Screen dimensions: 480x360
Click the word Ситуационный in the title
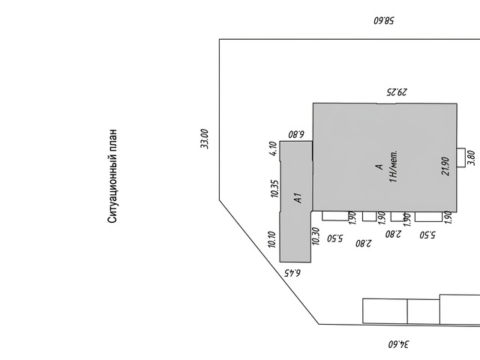(x=112, y=189)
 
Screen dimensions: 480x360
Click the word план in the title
(x=112, y=140)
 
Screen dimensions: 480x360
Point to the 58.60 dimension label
(x=384, y=21)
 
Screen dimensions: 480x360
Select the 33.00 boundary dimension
(x=205, y=139)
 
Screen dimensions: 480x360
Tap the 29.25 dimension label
(x=397, y=91)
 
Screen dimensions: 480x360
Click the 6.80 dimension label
(x=296, y=134)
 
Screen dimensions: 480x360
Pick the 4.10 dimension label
(x=274, y=148)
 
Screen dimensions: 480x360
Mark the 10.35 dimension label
(x=274, y=188)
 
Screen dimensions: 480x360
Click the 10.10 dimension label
(x=271, y=239)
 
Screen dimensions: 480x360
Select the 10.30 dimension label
(x=315, y=236)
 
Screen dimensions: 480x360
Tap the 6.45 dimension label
(x=292, y=272)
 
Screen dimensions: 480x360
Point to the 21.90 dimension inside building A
(x=445, y=166)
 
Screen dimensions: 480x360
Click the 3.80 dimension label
(x=472, y=158)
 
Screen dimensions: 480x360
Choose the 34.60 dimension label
(x=398, y=344)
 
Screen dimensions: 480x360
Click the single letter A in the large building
(x=379, y=166)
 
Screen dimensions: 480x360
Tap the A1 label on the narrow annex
(x=298, y=198)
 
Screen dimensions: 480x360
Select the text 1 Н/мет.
(x=393, y=166)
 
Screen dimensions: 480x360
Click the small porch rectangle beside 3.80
(x=461, y=157)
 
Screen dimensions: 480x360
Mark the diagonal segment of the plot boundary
(x=269, y=262)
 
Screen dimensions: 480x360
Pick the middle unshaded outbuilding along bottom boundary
(x=423, y=311)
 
